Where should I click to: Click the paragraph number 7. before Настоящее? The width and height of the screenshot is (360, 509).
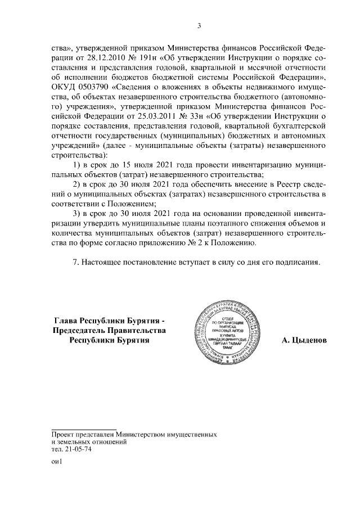click(x=77, y=263)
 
